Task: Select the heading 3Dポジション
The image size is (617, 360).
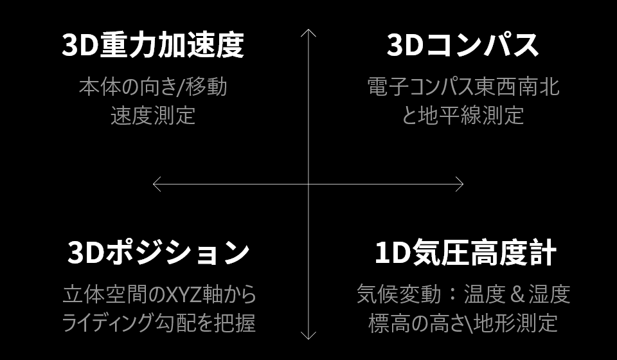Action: (x=158, y=253)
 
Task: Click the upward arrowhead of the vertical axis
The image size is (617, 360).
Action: (x=309, y=32)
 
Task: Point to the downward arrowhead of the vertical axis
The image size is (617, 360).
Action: (x=309, y=336)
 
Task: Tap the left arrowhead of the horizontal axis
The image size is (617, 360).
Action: (x=156, y=184)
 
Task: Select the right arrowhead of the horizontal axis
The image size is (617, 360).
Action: (x=460, y=184)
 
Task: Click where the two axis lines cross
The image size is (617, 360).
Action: (x=309, y=184)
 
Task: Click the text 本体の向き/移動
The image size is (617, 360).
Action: (x=153, y=87)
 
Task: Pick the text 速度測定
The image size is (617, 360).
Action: (x=153, y=116)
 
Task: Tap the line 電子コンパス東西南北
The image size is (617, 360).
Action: (x=463, y=87)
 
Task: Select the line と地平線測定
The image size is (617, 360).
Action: (x=463, y=116)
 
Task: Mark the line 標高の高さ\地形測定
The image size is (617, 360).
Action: (x=463, y=323)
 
